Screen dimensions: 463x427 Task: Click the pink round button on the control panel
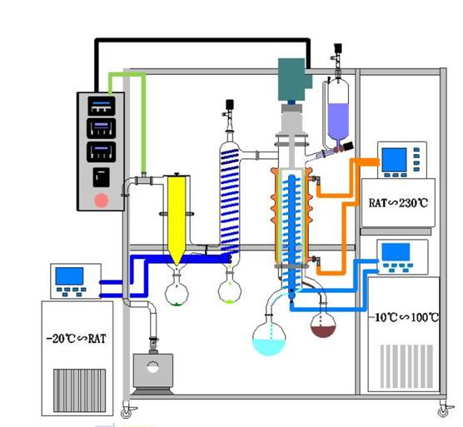[x=101, y=201]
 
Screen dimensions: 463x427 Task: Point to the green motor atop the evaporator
[x=295, y=79]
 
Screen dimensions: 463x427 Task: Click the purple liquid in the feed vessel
[x=338, y=121]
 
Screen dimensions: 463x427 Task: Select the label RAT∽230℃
[x=398, y=203]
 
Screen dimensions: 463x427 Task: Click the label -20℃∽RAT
[x=77, y=339]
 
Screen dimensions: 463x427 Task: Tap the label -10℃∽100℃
[x=404, y=317]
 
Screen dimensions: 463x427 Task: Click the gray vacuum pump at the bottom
[x=153, y=372]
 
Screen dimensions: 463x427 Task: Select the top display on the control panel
[x=102, y=106]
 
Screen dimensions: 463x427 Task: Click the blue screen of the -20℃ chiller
[x=69, y=276]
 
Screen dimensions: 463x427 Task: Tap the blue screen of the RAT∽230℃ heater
[x=394, y=160]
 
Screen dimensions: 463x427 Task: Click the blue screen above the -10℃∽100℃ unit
[x=396, y=252]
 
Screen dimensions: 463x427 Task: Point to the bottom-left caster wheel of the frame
[x=127, y=413]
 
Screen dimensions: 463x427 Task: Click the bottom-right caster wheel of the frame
[x=444, y=411]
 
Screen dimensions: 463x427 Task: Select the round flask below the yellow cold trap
[x=177, y=291]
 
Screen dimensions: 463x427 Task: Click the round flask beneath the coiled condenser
[x=230, y=289]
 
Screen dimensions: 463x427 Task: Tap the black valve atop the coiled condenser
[x=230, y=105]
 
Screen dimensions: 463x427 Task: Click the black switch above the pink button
[x=102, y=177]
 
